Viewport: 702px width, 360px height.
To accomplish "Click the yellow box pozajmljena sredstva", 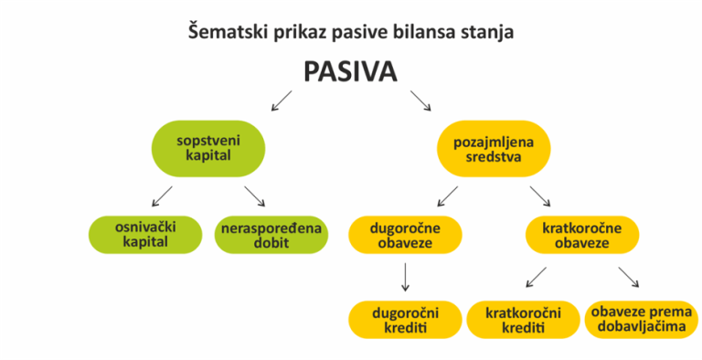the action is click(x=494, y=148).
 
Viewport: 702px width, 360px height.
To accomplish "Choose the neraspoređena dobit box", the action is click(x=271, y=233).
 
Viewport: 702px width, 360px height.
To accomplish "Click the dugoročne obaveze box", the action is click(x=405, y=233).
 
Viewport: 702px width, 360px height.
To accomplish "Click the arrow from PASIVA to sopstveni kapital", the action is click(x=282, y=100).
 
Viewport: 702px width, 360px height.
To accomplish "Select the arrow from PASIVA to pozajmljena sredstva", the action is click(x=421, y=100).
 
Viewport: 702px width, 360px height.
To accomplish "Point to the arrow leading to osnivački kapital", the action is click(x=162, y=195).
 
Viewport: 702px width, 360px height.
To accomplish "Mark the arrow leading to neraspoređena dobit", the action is click(x=254, y=195).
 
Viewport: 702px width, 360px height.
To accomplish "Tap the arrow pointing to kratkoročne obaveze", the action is click(x=540, y=195).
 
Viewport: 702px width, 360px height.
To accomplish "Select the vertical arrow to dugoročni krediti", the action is click(x=405, y=276).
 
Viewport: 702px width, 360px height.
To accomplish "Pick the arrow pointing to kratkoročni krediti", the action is click(x=536, y=276).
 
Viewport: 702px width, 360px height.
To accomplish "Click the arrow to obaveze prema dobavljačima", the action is click(x=629, y=276).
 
